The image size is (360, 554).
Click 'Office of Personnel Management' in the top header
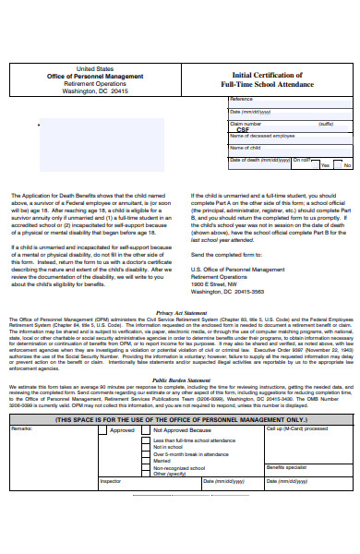pyautogui.click(x=96, y=76)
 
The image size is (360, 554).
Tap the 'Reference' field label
pyautogui.click(x=241, y=99)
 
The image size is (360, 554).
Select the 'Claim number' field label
pyautogui.click(x=246, y=123)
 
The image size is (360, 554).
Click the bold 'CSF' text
pyautogui.click(x=243, y=130)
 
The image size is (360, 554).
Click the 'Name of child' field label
pyautogui.click(x=245, y=148)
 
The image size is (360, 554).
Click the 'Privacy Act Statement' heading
pyautogui.click(x=181, y=314)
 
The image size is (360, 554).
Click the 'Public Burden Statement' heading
pyautogui.click(x=181, y=379)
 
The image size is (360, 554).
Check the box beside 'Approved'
pyautogui.click(x=103, y=430)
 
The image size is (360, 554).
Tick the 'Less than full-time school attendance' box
pyautogui.click(x=146, y=441)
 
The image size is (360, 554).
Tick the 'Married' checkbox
pyautogui.click(x=146, y=461)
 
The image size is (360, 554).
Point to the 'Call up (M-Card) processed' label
pyautogui.click(x=296, y=429)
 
